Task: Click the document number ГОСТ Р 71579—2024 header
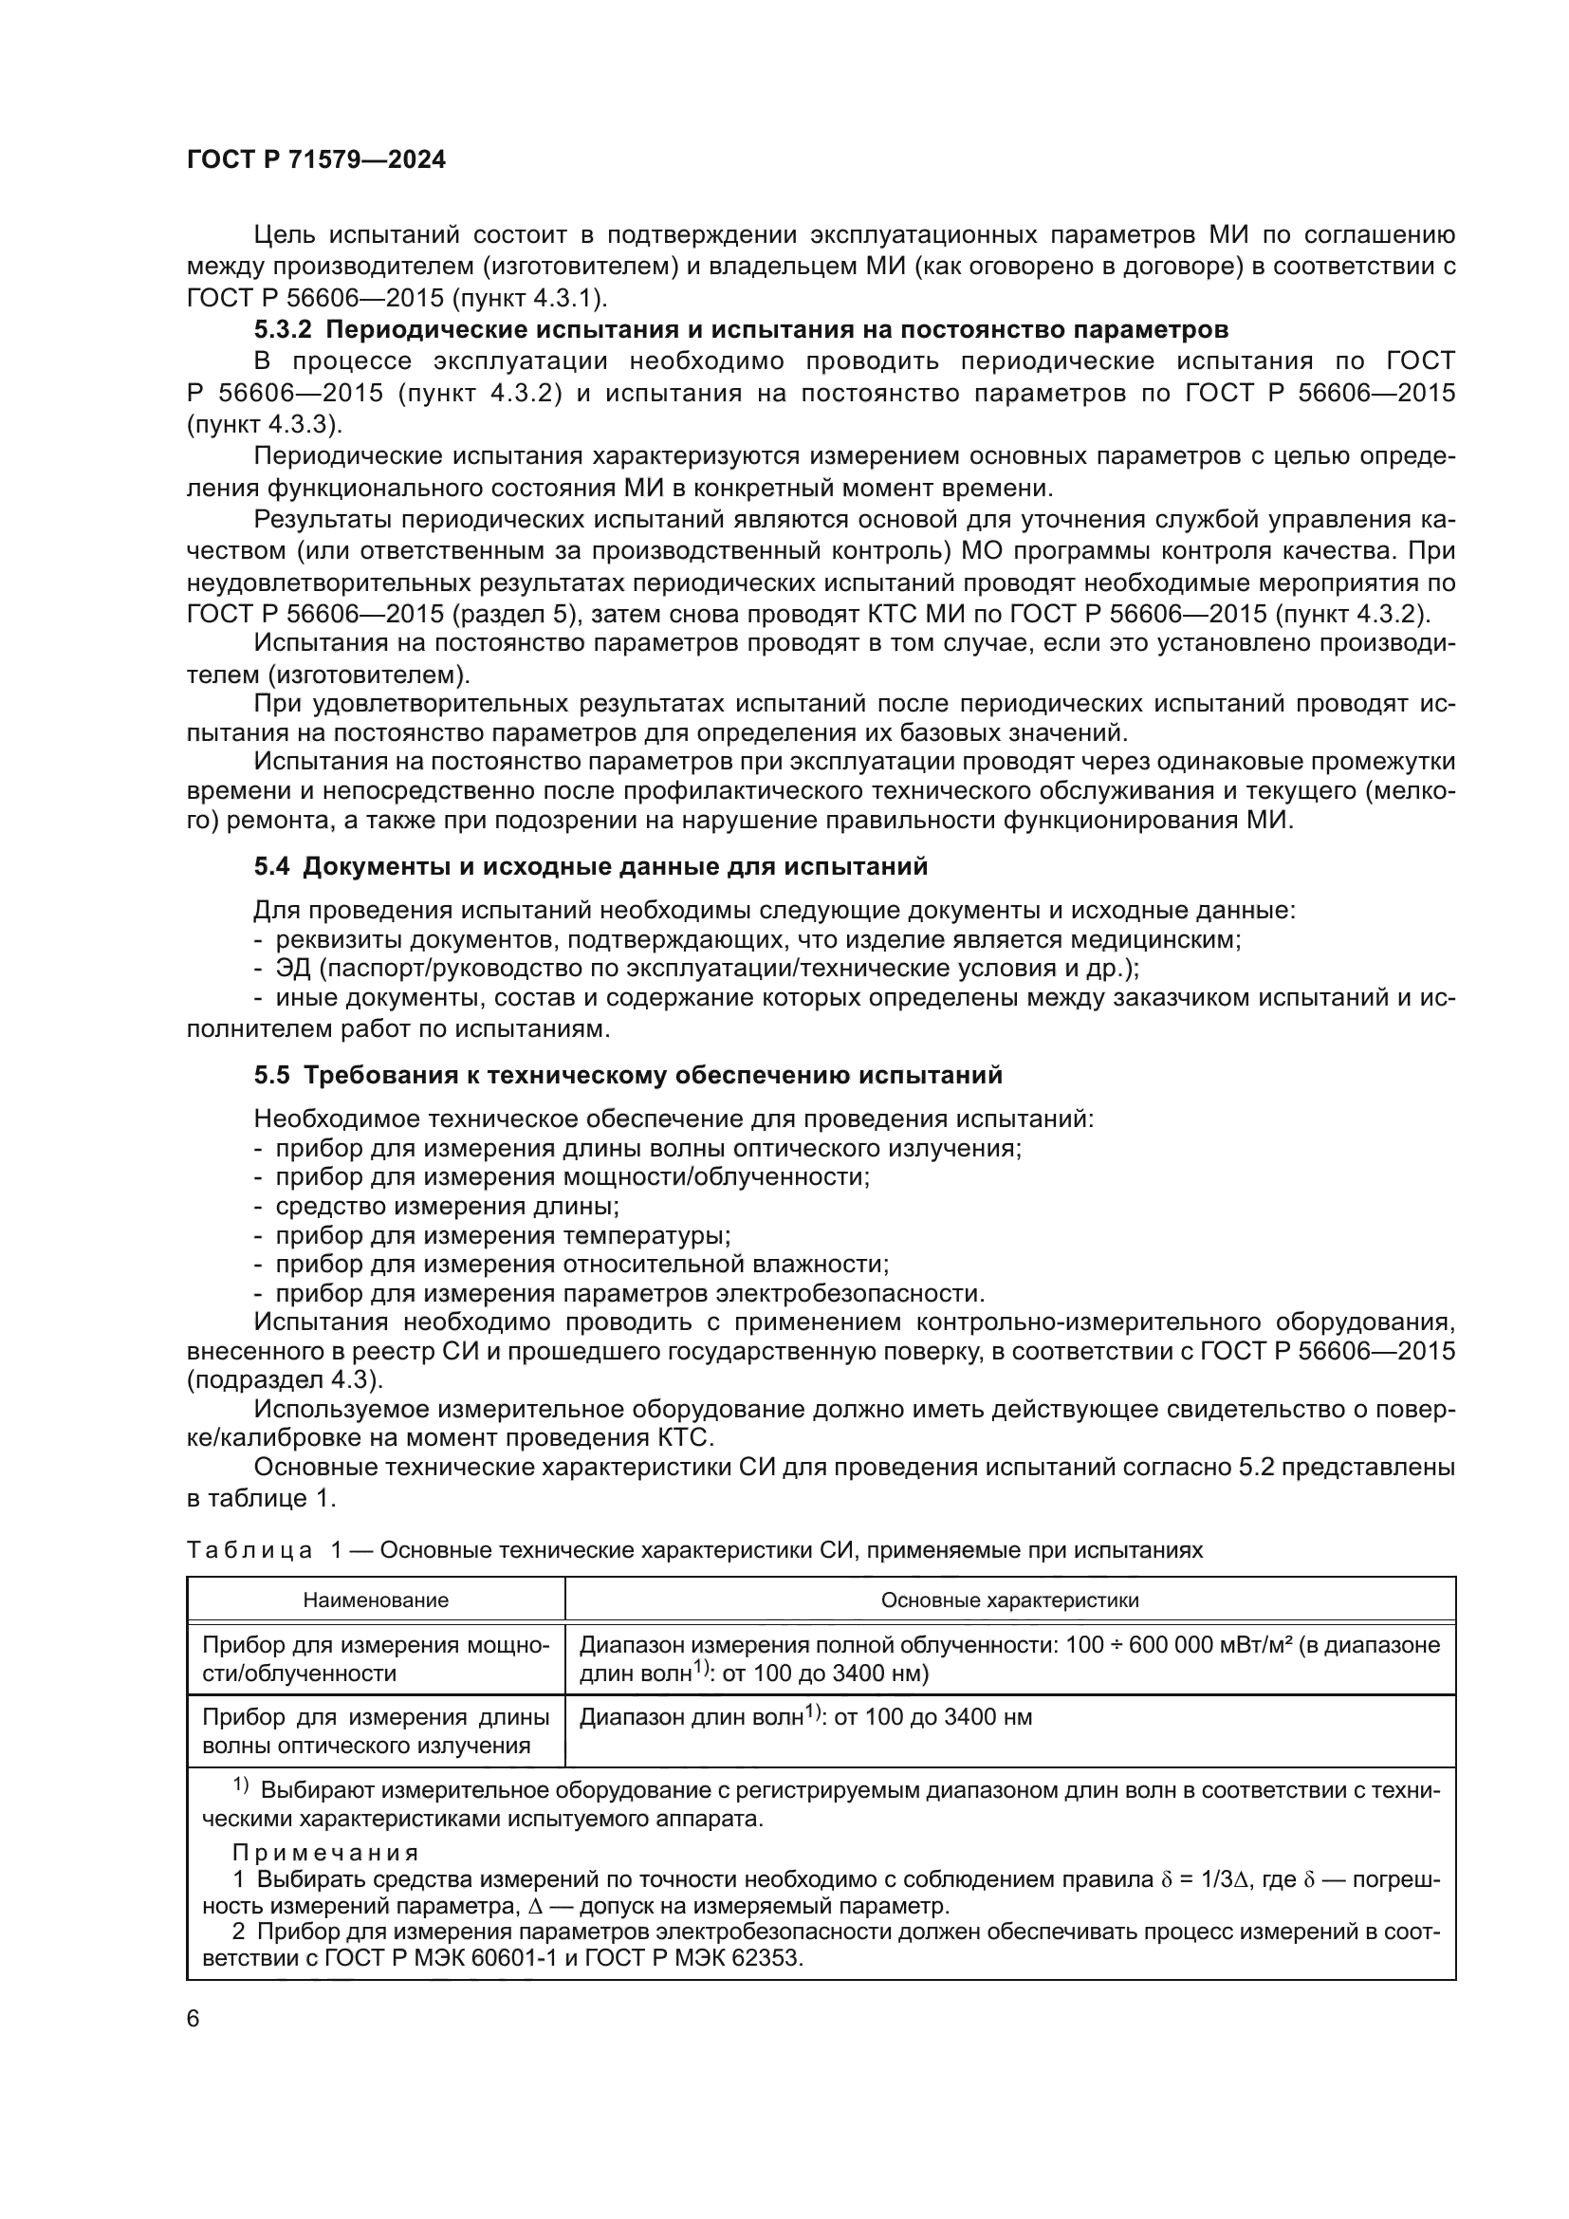click(x=316, y=160)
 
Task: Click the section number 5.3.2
click(x=283, y=329)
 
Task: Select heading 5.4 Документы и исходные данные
click(x=590, y=867)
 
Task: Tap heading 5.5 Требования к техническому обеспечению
click(x=628, y=1076)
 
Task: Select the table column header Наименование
click(x=376, y=1600)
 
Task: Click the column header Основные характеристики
click(x=1009, y=1600)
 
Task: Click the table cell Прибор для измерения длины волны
click(x=376, y=1731)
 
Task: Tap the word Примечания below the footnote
click(x=325, y=1853)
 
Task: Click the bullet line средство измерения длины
click(x=447, y=1206)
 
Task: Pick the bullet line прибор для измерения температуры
click(x=503, y=1235)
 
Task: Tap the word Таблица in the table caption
click(x=249, y=1551)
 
